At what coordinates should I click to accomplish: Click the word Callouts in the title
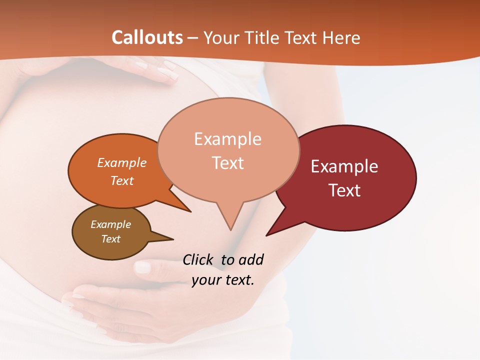point(147,37)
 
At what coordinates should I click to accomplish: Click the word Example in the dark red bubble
point(344,166)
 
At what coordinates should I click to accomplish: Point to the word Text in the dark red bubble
point(344,190)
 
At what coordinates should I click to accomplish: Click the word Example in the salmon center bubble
point(227,139)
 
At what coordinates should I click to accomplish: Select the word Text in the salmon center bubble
point(228,163)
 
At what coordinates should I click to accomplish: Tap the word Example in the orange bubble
point(122,163)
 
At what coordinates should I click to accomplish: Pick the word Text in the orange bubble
point(122,180)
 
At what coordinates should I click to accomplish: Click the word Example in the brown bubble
point(110,224)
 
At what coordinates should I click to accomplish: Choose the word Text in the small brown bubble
point(110,239)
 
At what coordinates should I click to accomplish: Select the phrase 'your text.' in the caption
point(223,280)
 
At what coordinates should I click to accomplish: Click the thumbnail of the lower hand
point(143,267)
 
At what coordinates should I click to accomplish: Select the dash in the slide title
point(193,38)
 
